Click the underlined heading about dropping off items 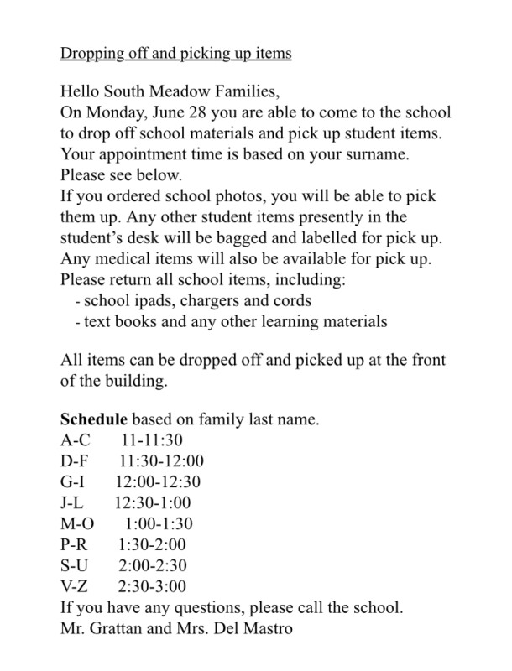click(175, 54)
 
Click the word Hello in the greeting click(83, 90)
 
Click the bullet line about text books click(231, 321)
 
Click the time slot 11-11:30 click(152, 439)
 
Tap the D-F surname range click(78, 460)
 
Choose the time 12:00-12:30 click(158, 481)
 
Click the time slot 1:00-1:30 click(164, 524)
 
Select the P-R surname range click(76, 546)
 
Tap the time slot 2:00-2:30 click(153, 567)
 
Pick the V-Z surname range click(77, 587)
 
